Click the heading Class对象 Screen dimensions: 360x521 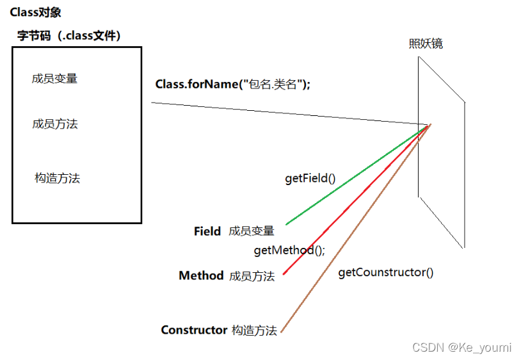[36, 12]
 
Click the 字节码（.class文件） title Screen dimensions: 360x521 [69, 35]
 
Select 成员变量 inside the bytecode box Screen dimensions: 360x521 [55, 79]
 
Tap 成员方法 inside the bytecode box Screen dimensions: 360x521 [55, 124]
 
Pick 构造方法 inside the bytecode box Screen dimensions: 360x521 [57, 179]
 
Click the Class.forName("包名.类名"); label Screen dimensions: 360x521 [232, 84]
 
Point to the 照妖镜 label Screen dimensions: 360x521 [426, 44]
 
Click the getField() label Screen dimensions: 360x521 [310, 178]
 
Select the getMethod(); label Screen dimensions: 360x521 [289, 250]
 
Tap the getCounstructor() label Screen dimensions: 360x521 [385, 272]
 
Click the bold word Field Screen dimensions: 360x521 [207, 231]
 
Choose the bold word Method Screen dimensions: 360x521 [201, 275]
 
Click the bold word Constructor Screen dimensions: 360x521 [194, 330]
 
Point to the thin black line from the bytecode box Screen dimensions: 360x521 [288, 113]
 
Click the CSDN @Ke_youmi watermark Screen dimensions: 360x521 [461, 347]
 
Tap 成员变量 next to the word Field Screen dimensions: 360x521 [252, 231]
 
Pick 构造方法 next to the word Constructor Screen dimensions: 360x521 [254, 331]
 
